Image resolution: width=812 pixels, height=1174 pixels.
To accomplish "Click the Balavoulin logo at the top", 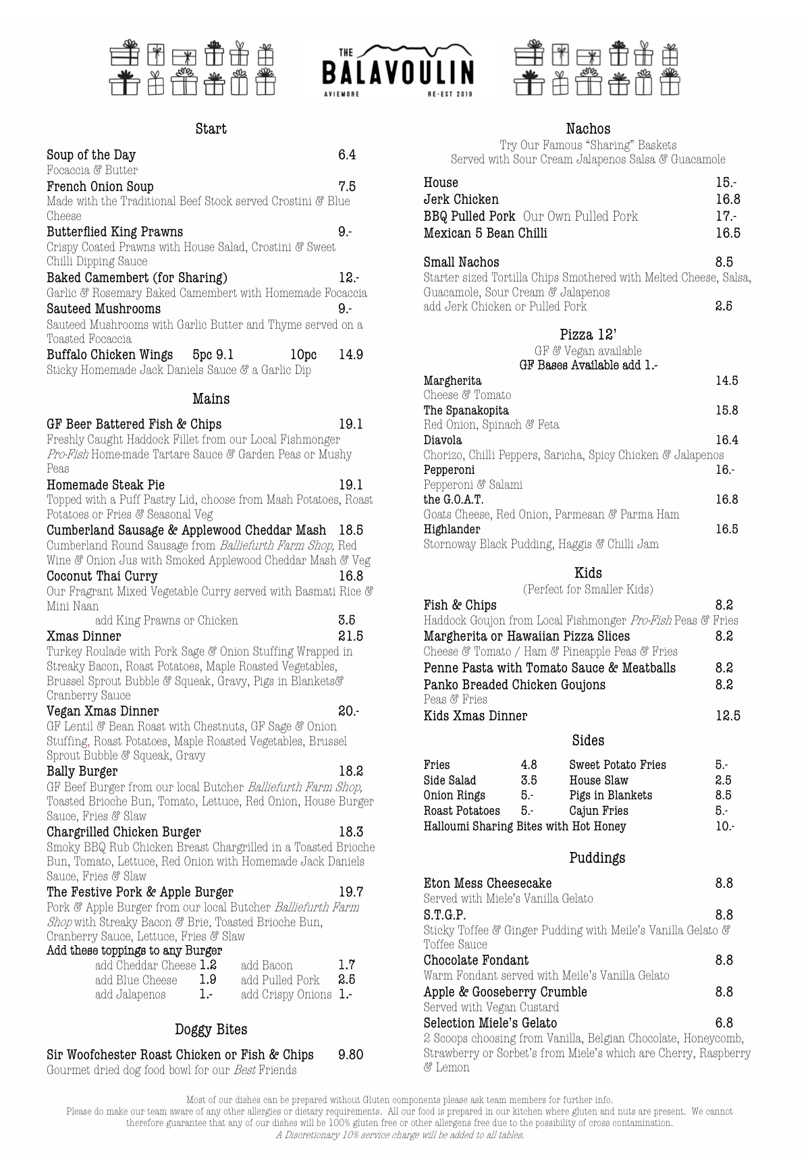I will [398, 72].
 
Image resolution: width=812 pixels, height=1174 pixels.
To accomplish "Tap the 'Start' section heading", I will [211, 129].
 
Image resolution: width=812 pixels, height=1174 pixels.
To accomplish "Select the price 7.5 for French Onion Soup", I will [346, 187].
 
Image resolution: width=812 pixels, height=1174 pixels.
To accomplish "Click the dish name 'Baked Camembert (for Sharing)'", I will [137, 278].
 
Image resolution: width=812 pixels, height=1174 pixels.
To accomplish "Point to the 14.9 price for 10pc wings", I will [350, 355].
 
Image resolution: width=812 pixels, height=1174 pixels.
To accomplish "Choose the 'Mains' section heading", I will [211, 399].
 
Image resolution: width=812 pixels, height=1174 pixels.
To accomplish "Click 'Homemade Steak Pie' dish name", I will [105, 485].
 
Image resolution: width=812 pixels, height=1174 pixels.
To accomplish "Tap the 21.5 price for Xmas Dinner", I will [350, 637].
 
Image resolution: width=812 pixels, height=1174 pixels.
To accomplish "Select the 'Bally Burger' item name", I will [82, 772].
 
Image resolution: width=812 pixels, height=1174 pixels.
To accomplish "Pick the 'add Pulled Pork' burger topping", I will [280, 980].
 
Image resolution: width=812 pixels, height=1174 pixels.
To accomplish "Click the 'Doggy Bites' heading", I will [211, 1030].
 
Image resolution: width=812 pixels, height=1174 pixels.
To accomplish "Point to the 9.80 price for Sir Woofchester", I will [350, 1055].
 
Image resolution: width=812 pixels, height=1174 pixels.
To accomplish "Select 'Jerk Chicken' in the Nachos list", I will [461, 200].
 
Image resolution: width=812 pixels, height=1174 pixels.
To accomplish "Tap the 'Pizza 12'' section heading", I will [588, 335].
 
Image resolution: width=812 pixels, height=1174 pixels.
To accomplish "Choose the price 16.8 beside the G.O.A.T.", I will [726, 500].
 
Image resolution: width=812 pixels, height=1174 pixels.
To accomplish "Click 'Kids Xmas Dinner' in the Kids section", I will [475, 716].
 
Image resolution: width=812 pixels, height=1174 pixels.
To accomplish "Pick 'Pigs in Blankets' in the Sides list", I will [610, 796].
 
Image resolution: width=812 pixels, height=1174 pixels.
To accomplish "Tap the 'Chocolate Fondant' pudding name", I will [476, 961].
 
